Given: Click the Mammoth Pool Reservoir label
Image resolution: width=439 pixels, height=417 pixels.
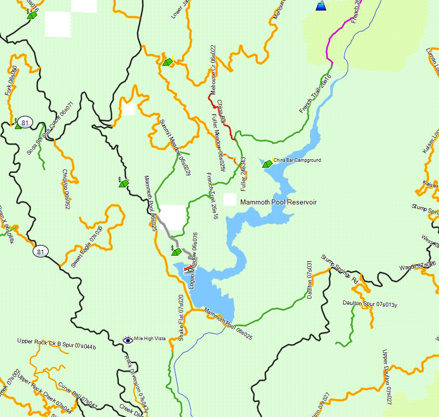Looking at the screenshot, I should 278,202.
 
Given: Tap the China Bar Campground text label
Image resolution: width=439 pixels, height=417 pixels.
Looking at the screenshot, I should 297,160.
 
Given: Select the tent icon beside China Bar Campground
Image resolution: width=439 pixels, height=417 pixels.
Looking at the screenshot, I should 267,163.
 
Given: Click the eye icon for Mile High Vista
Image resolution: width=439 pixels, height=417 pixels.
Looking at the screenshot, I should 128,340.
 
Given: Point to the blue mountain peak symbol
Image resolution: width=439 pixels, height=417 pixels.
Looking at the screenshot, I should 321,6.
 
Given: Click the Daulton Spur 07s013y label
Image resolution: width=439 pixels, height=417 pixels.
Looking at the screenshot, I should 370,303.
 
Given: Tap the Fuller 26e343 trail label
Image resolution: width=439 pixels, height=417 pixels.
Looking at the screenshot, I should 244,175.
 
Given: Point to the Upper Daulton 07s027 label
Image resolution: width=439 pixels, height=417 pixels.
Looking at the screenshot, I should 386,377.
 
